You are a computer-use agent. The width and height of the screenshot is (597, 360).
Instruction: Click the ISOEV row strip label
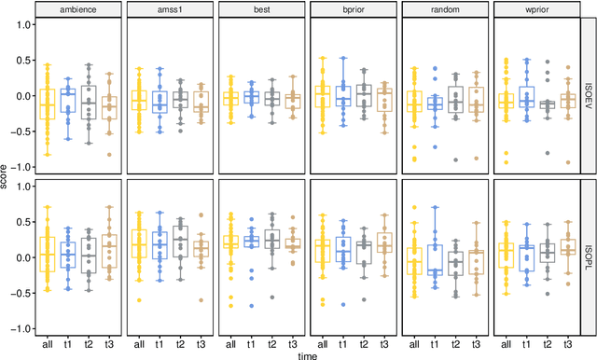(590, 95)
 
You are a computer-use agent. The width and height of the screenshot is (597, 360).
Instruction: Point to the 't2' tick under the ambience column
(89, 342)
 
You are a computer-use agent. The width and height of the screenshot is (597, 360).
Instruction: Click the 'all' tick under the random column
(413, 342)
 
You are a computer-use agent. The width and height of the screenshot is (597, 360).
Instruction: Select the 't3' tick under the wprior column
(569, 342)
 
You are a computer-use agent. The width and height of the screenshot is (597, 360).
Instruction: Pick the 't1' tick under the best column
(251, 342)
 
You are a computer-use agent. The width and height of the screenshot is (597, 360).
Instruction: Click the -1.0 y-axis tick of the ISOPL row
(21, 329)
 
